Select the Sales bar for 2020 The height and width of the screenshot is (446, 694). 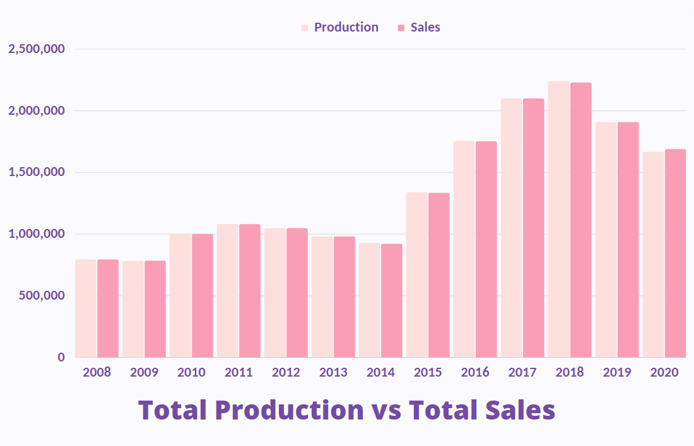click(x=675, y=253)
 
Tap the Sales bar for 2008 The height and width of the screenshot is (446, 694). click(x=108, y=308)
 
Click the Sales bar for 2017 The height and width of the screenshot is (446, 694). click(x=534, y=228)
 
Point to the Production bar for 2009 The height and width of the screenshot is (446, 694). click(x=133, y=309)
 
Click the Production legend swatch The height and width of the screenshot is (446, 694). click(x=305, y=28)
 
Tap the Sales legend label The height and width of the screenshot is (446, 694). click(x=425, y=27)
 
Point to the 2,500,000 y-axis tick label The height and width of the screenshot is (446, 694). click(x=37, y=49)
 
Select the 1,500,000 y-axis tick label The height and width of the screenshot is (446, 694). click(x=37, y=172)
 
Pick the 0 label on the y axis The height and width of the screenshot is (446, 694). click(x=61, y=357)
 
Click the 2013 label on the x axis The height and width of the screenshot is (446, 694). click(x=333, y=372)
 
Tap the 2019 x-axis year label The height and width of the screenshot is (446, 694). click(x=617, y=372)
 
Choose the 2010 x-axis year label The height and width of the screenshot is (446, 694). click(x=191, y=372)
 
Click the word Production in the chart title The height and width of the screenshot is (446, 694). click(x=288, y=411)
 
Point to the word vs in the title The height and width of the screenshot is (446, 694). click(x=387, y=411)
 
